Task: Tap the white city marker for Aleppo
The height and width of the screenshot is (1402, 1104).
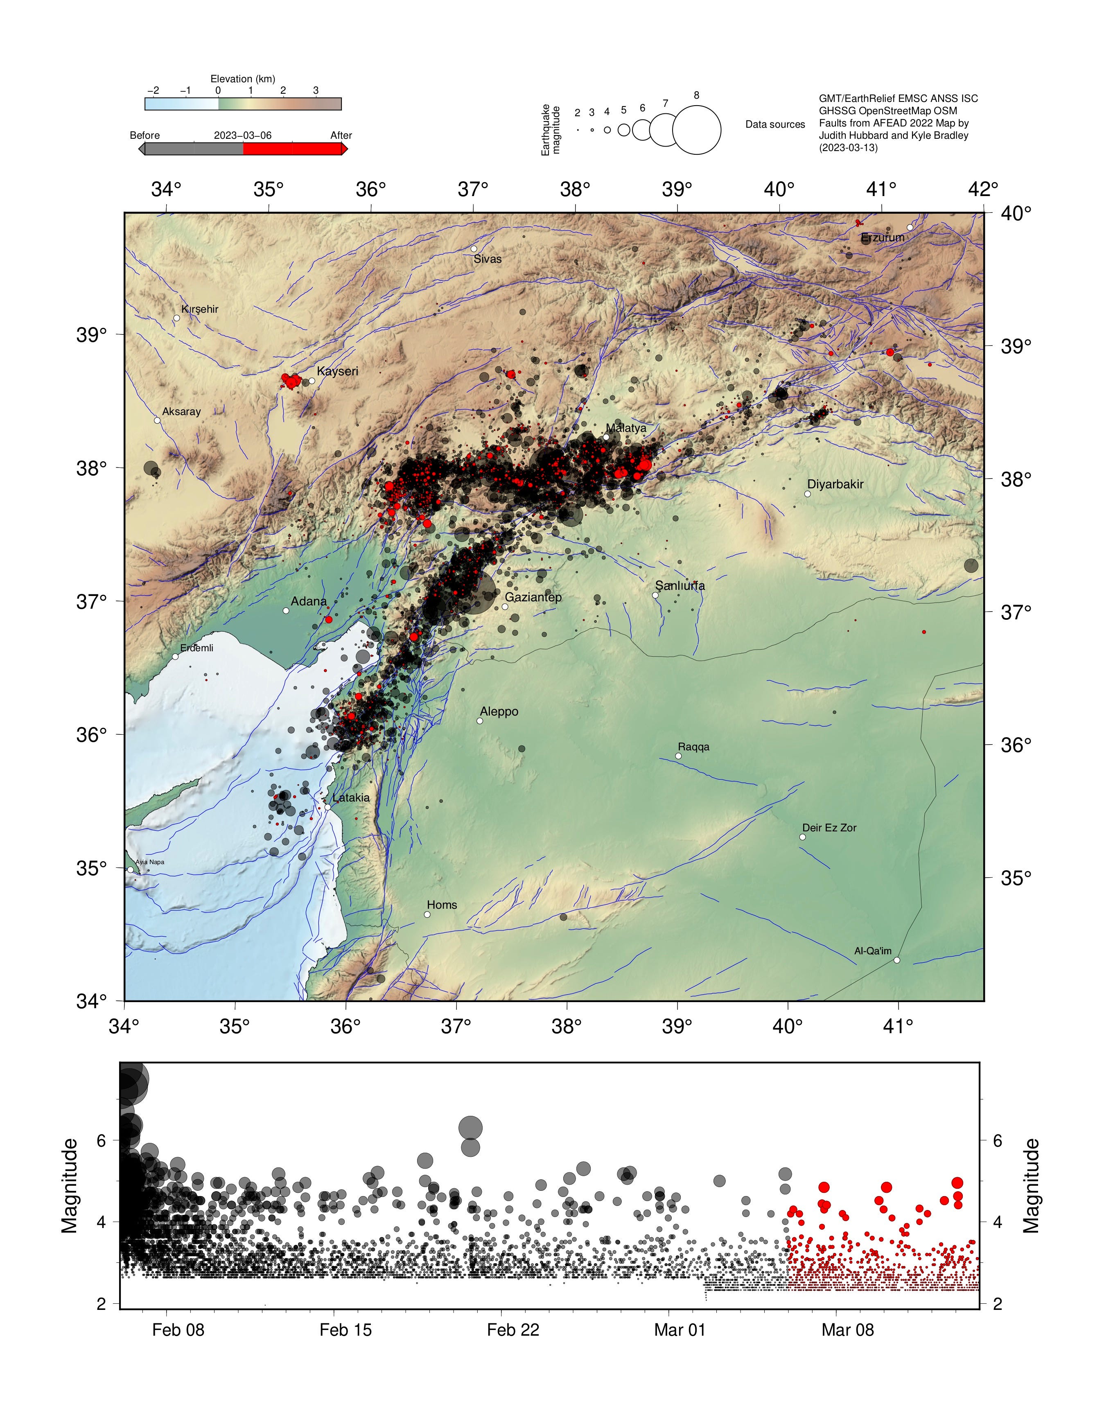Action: pos(480,721)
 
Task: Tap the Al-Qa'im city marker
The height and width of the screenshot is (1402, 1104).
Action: pos(896,960)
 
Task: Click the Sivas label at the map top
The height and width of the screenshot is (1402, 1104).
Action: pos(488,259)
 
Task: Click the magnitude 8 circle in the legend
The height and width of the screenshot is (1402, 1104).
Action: pos(696,130)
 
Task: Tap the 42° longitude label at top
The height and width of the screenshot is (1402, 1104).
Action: pos(983,190)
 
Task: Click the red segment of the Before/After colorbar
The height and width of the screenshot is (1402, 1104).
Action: pos(292,149)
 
